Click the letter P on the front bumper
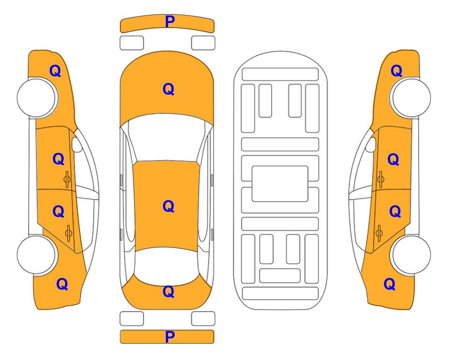170,22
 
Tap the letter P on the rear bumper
170,337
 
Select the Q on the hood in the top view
169,89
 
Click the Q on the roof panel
169,206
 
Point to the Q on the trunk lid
169,292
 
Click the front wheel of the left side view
37,98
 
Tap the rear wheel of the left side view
37,255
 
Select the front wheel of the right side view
411,97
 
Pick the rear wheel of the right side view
411,255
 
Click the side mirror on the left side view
77,144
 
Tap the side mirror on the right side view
371,144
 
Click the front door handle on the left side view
67,179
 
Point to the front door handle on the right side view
380,179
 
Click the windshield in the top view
167,138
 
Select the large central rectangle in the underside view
280,184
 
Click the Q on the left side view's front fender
55,71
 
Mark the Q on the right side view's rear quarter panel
390,284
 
